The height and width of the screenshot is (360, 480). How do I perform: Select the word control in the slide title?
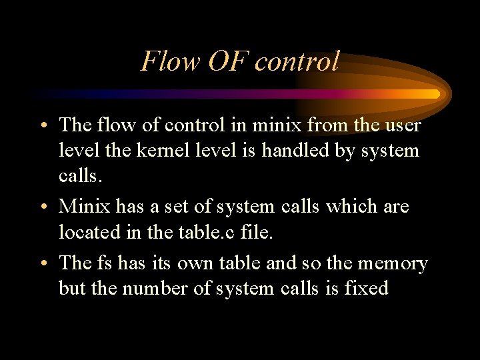click(x=297, y=61)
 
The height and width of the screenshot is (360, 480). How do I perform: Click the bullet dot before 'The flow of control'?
click(x=43, y=125)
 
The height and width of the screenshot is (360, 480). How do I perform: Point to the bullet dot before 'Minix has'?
click(x=43, y=207)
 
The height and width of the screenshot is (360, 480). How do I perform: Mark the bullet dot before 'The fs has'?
click(x=43, y=263)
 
